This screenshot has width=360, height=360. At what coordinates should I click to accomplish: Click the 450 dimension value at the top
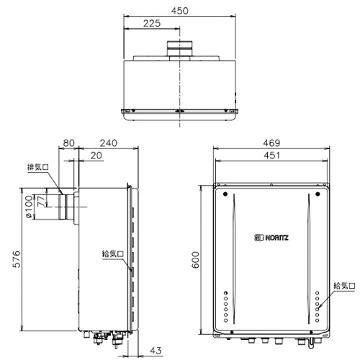pos(180,11)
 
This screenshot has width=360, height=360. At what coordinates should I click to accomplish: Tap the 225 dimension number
pos(152,23)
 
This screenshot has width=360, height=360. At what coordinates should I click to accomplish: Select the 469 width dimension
pos(271,143)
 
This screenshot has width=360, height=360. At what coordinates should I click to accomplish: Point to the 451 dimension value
pos(271,156)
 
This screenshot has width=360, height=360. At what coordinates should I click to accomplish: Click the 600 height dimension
pos(196,260)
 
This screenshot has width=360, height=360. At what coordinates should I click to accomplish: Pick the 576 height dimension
pos(17,259)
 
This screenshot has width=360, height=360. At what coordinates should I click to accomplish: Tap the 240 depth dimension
pos(109,143)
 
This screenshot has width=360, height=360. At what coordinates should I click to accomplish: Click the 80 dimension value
pos(68,143)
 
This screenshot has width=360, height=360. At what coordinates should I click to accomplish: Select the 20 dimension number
pos(96,156)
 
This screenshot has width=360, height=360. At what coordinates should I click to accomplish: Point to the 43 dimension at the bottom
pos(156,351)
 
